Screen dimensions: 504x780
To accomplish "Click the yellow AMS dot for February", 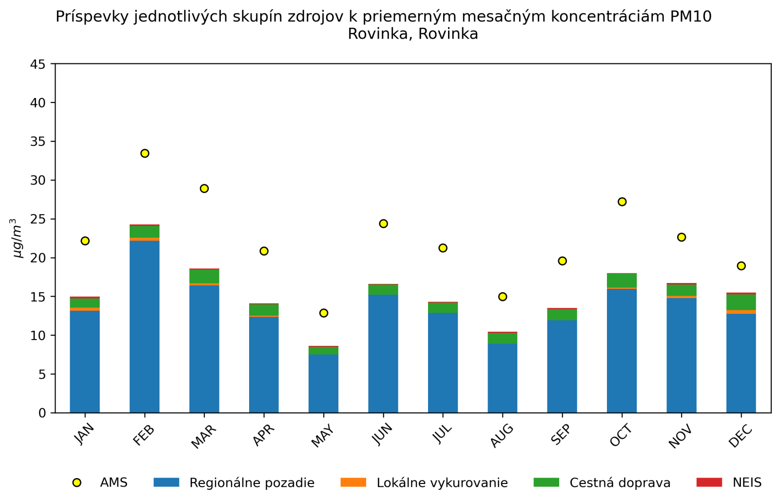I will pos(145,153).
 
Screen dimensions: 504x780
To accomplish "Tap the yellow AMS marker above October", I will pos(622,202).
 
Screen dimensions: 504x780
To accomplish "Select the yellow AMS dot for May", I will pos(324,313).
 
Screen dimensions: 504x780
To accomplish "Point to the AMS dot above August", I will pos(503,297).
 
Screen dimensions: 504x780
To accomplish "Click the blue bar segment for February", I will pos(145,327).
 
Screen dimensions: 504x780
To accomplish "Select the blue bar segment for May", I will pos(324,383).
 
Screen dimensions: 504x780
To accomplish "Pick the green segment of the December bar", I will pos(741,302).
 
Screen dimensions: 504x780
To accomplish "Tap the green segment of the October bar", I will pos(622,281).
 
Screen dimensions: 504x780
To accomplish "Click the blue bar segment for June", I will pos(383,354).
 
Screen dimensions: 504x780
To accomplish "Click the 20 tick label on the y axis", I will pos(39,258).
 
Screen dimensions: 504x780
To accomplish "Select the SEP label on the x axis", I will pos(561,435).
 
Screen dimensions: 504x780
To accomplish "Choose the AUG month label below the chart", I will pos(502,436).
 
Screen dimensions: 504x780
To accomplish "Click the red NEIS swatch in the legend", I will pos(709,483).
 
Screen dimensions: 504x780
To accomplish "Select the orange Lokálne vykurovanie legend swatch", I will pos(353,483).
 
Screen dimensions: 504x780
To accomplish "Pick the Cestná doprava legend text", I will pos(620,483).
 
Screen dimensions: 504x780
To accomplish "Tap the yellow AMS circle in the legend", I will pos(77,483).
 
